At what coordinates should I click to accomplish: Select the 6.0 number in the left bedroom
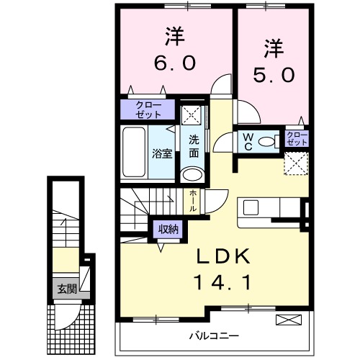(173, 63)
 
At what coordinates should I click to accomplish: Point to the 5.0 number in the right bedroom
(274, 74)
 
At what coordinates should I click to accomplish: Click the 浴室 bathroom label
(162, 153)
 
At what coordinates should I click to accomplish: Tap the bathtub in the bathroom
(135, 152)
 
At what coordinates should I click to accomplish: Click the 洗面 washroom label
(194, 146)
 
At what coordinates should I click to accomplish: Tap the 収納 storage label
(168, 229)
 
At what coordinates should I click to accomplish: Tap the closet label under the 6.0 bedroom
(147, 109)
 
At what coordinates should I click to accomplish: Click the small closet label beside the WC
(297, 138)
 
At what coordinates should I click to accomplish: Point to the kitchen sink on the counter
(251, 207)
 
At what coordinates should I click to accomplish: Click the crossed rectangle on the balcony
(286, 319)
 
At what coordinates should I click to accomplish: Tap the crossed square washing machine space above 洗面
(191, 114)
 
